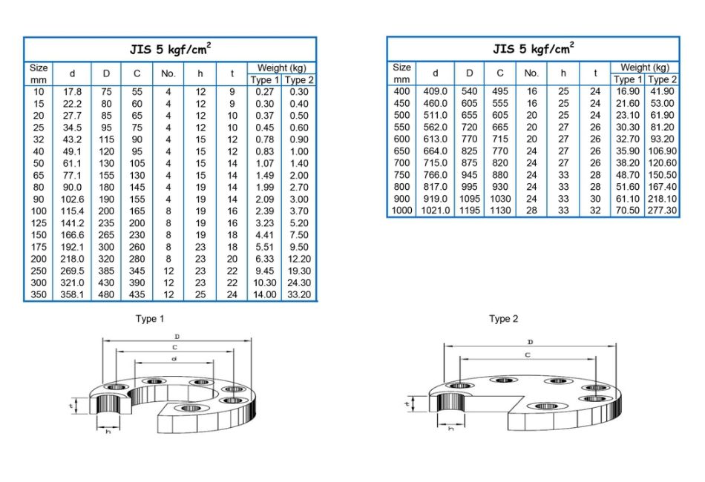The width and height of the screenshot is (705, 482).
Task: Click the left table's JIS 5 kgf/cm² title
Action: pos(170,50)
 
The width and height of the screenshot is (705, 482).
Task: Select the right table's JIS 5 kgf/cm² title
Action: pos(533,49)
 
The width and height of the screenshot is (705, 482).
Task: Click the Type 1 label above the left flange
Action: pos(149,319)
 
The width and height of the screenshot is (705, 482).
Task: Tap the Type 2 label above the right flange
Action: pos(503,319)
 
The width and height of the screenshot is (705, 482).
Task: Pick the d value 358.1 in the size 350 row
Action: pos(72,294)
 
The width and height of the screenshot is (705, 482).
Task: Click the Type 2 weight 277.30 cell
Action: pos(662,211)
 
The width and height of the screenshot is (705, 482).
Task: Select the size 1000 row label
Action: pos(401,211)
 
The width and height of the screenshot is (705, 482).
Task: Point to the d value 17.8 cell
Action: pos(72,92)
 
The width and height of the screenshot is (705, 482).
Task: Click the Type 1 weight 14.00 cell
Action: pos(265,294)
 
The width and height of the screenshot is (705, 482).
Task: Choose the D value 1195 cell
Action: pos(469,211)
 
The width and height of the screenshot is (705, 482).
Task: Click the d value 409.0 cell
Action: pos(435,91)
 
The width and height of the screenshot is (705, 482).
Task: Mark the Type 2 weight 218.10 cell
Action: pos(662,199)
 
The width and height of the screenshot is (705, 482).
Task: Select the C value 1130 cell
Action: pos(500,211)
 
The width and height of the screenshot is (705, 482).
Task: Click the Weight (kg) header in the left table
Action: pos(282,67)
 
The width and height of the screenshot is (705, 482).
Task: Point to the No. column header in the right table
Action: pos(531,73)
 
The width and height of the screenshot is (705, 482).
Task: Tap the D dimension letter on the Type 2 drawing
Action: pos(530,342)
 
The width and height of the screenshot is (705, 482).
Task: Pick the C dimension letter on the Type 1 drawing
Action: pos(175,347)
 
